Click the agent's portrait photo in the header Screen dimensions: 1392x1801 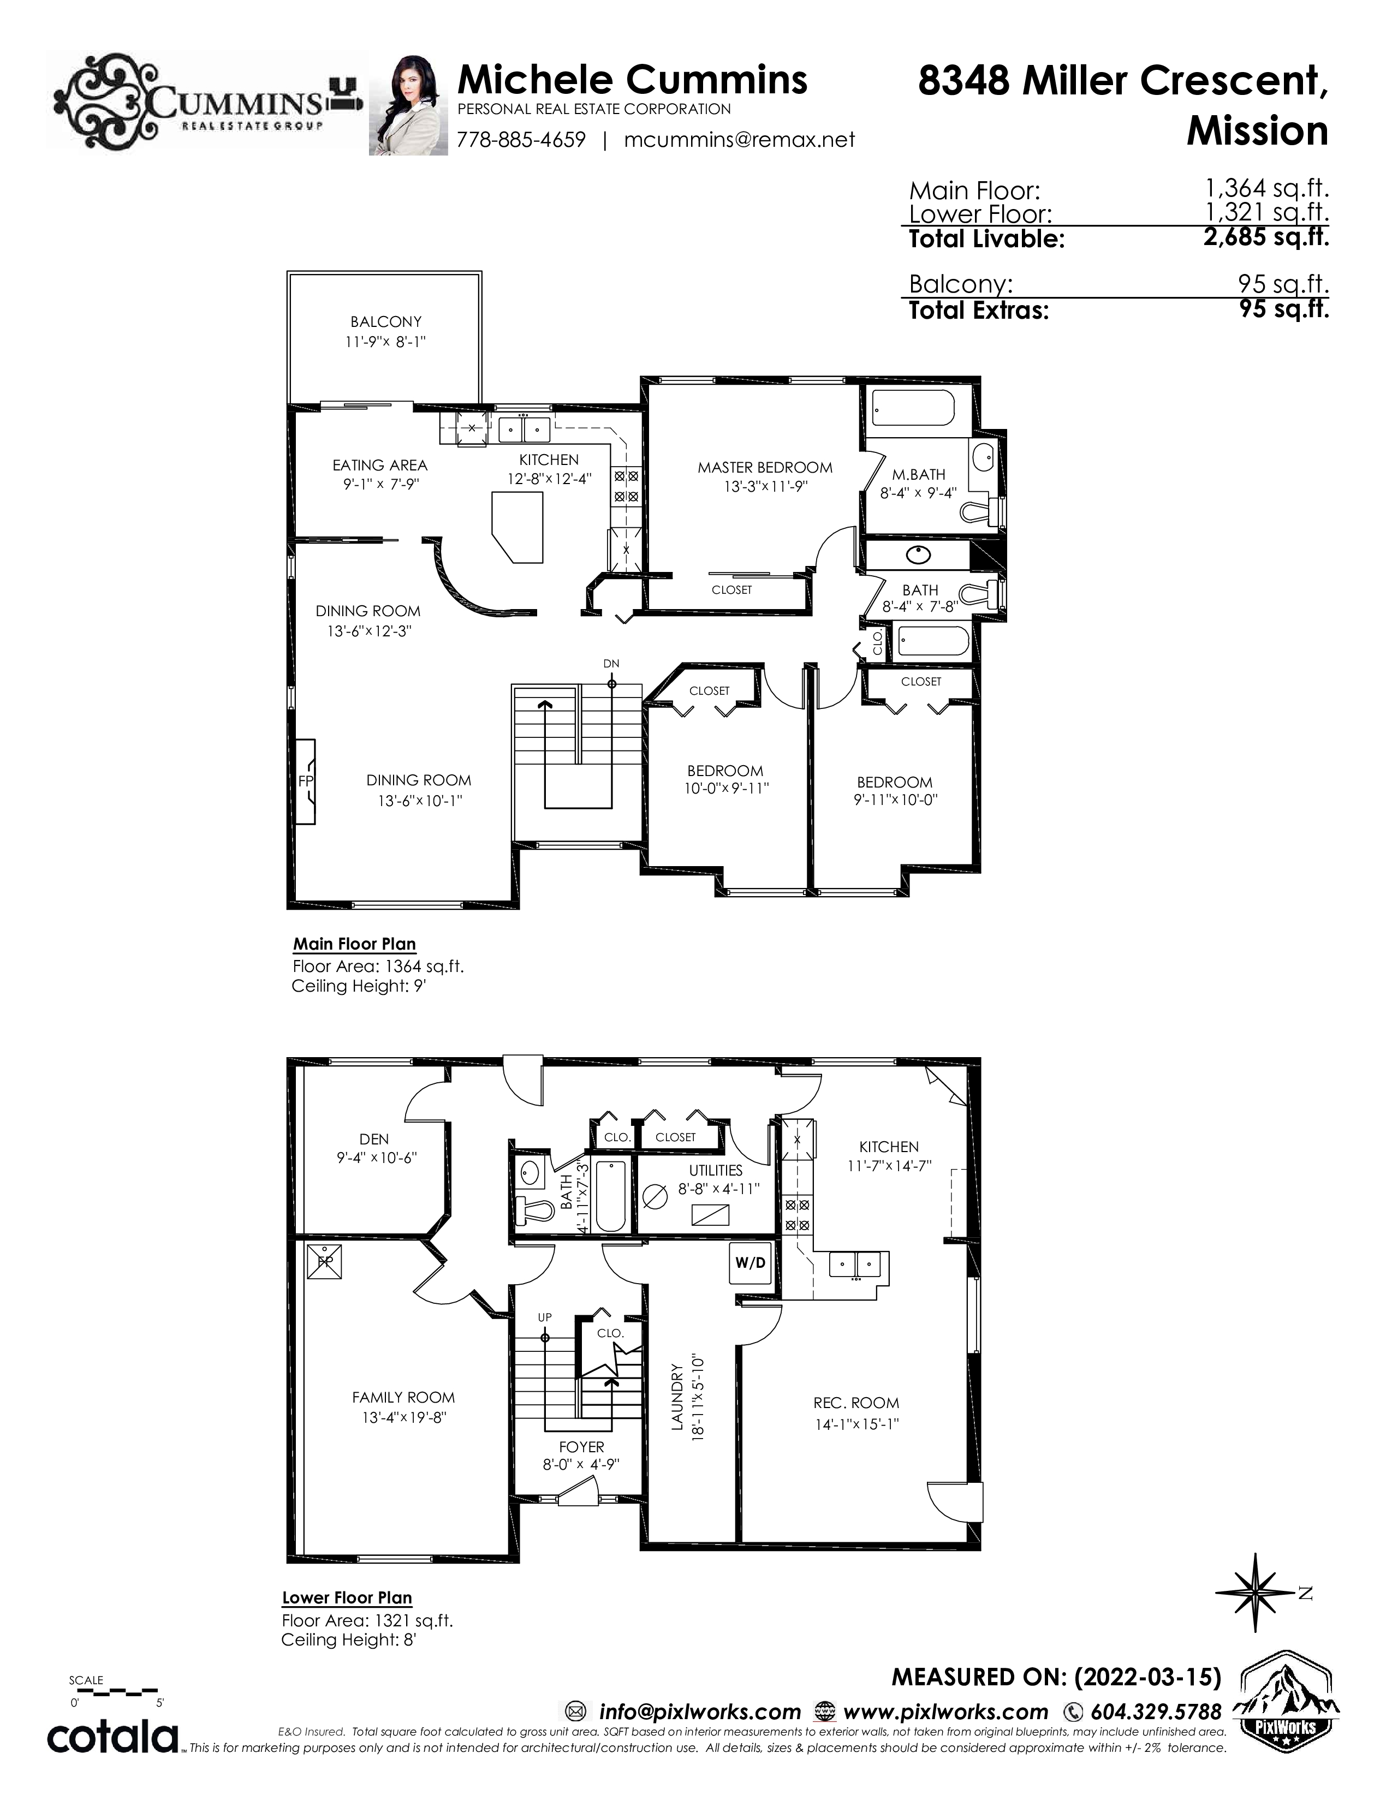[x=408, y=105]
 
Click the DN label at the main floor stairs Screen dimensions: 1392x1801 [x=611, y=663]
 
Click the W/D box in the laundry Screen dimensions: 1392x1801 [x=751, y=1262]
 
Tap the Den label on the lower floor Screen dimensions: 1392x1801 [x=374, y=1139]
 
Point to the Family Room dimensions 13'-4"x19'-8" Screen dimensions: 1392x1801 [x=404, y=1417]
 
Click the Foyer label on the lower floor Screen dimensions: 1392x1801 [x=581, y=1446]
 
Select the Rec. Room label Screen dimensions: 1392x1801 [x=856, y=1403]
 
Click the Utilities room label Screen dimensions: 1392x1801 [x=716, y=1170]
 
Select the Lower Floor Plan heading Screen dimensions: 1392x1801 [x=347, y=1597]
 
